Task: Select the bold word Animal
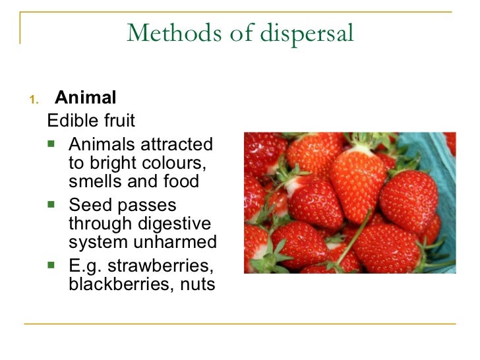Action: tap(86, 98)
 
